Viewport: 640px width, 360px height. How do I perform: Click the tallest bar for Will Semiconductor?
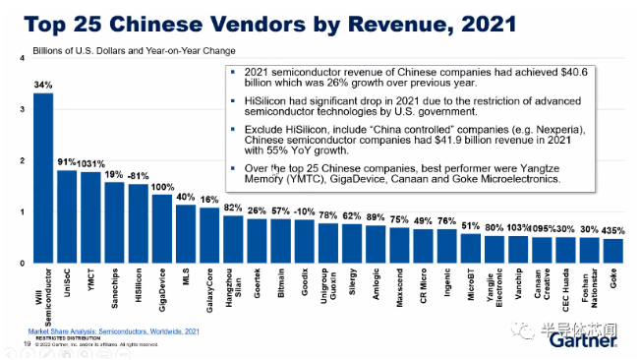pyautogui.click(x=43, y=177)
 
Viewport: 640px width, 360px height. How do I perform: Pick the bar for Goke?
pyautogui.click(x=612, y=251)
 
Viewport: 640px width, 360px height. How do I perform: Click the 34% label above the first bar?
pyautogui.click(x=42, y=85)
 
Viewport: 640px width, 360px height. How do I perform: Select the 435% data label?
pyautogui.click(x=613, y=229)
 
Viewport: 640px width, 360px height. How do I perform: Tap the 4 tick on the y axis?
pyautogui.click(x=22, y=60)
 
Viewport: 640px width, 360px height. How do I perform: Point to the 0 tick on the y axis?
pyautogui.click(x=22, y=264)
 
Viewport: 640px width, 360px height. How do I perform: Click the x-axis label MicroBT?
pyautogui.click(x=472, y=285)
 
